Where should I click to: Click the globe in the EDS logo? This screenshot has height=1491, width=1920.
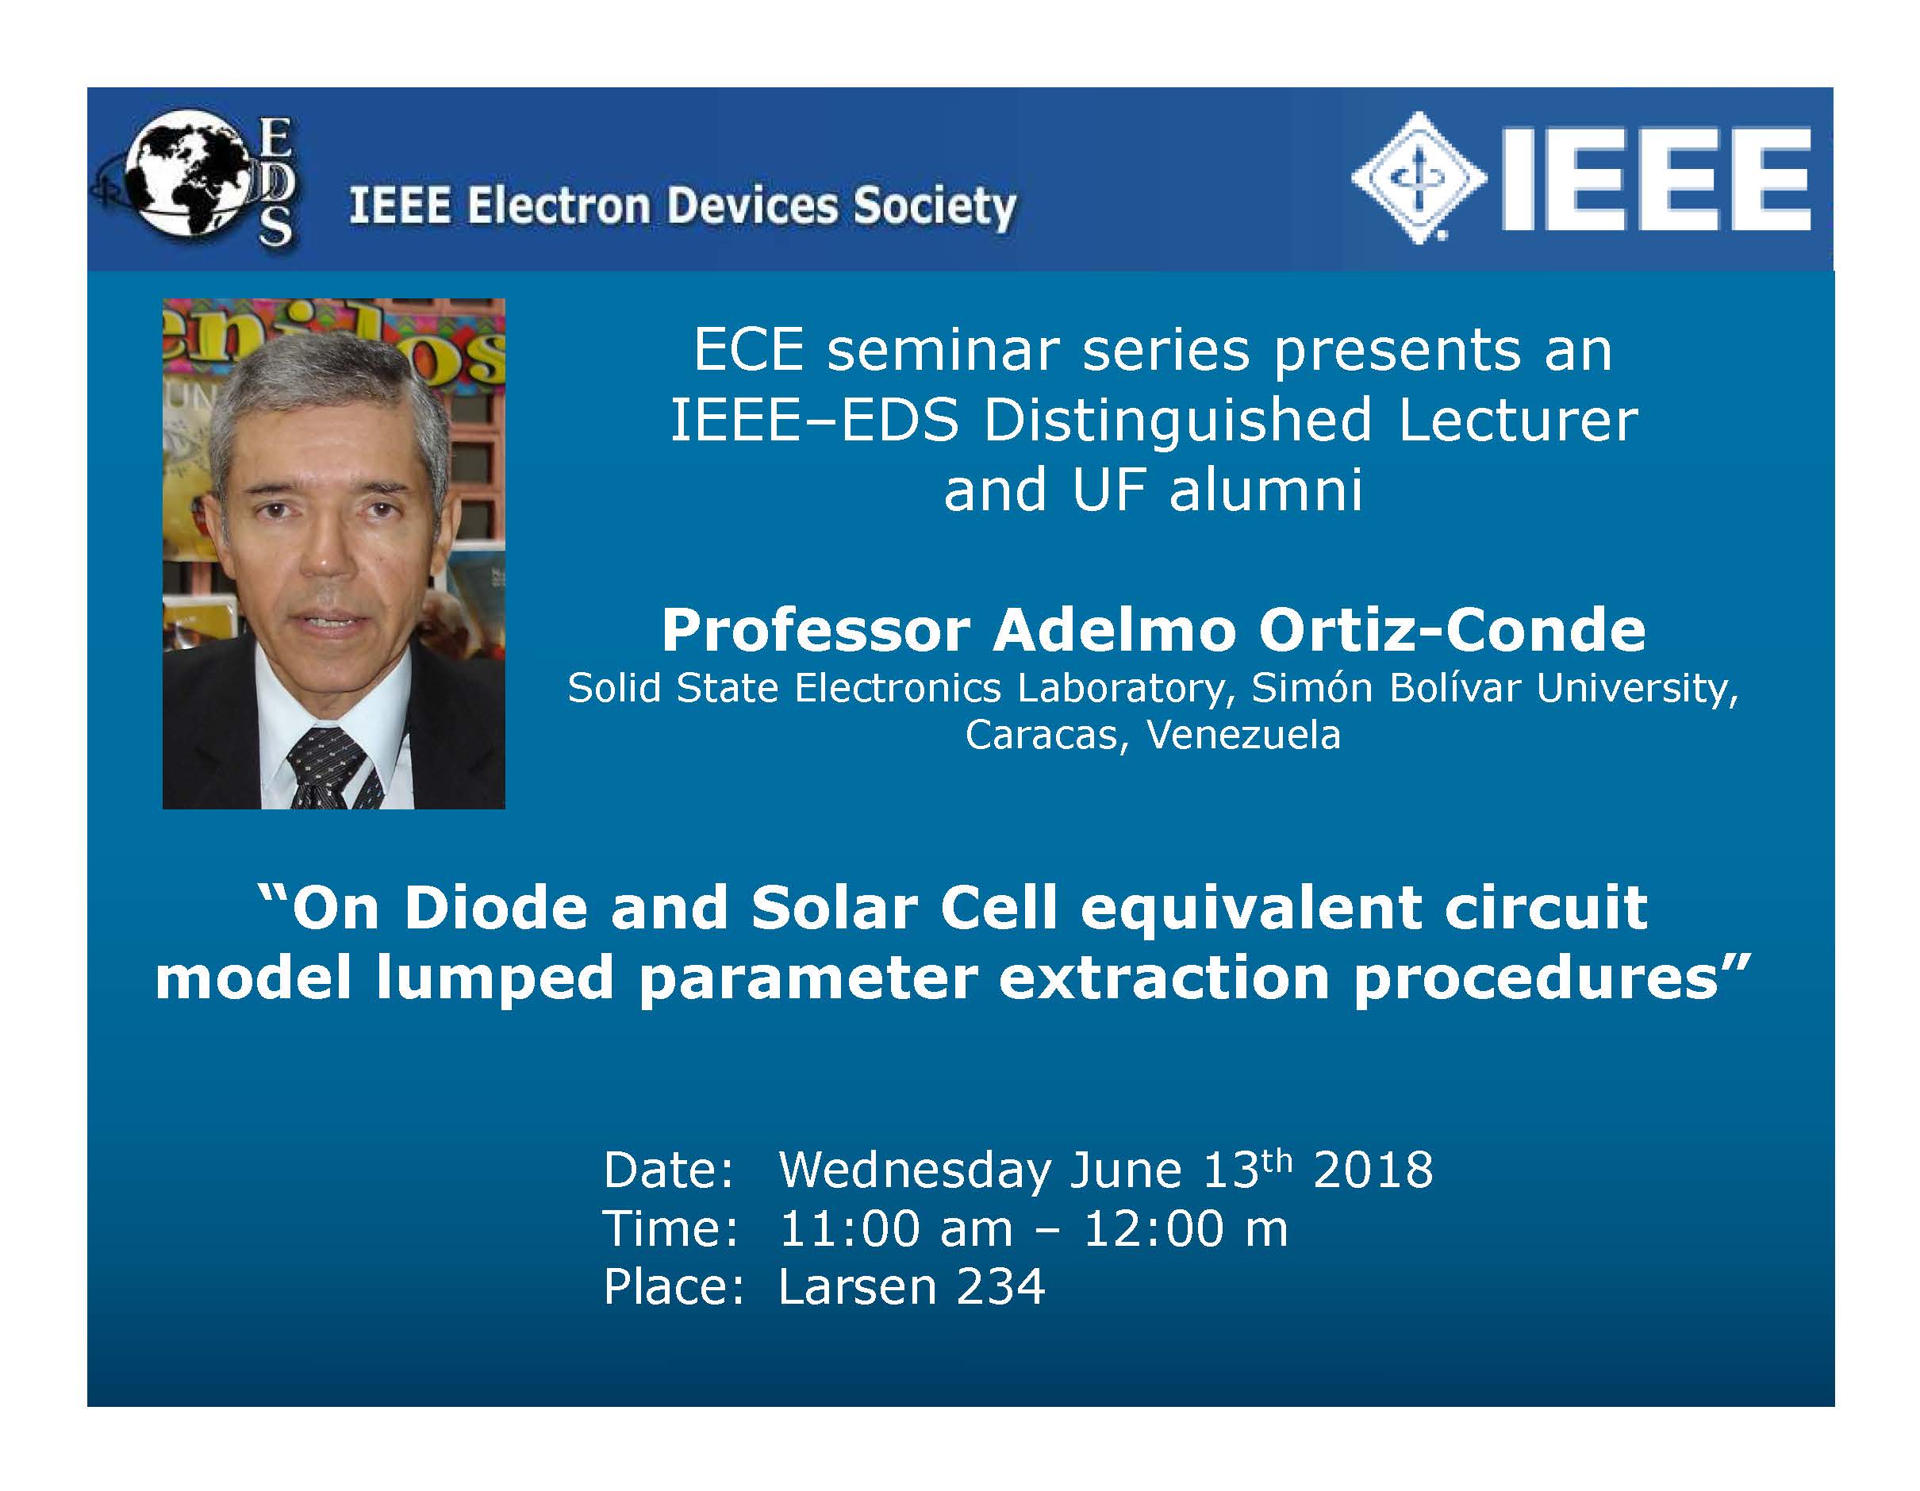point(185,172)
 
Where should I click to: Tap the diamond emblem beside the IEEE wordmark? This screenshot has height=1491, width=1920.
point(1418,177)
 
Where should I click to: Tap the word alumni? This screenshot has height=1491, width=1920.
point(1266,490)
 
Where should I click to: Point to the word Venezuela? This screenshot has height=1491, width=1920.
point(1244,735)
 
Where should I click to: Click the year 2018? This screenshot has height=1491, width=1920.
point(1373,1170)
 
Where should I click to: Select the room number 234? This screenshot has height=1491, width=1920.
point(1000,1287)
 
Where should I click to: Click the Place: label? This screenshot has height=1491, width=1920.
point(674,1287)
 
